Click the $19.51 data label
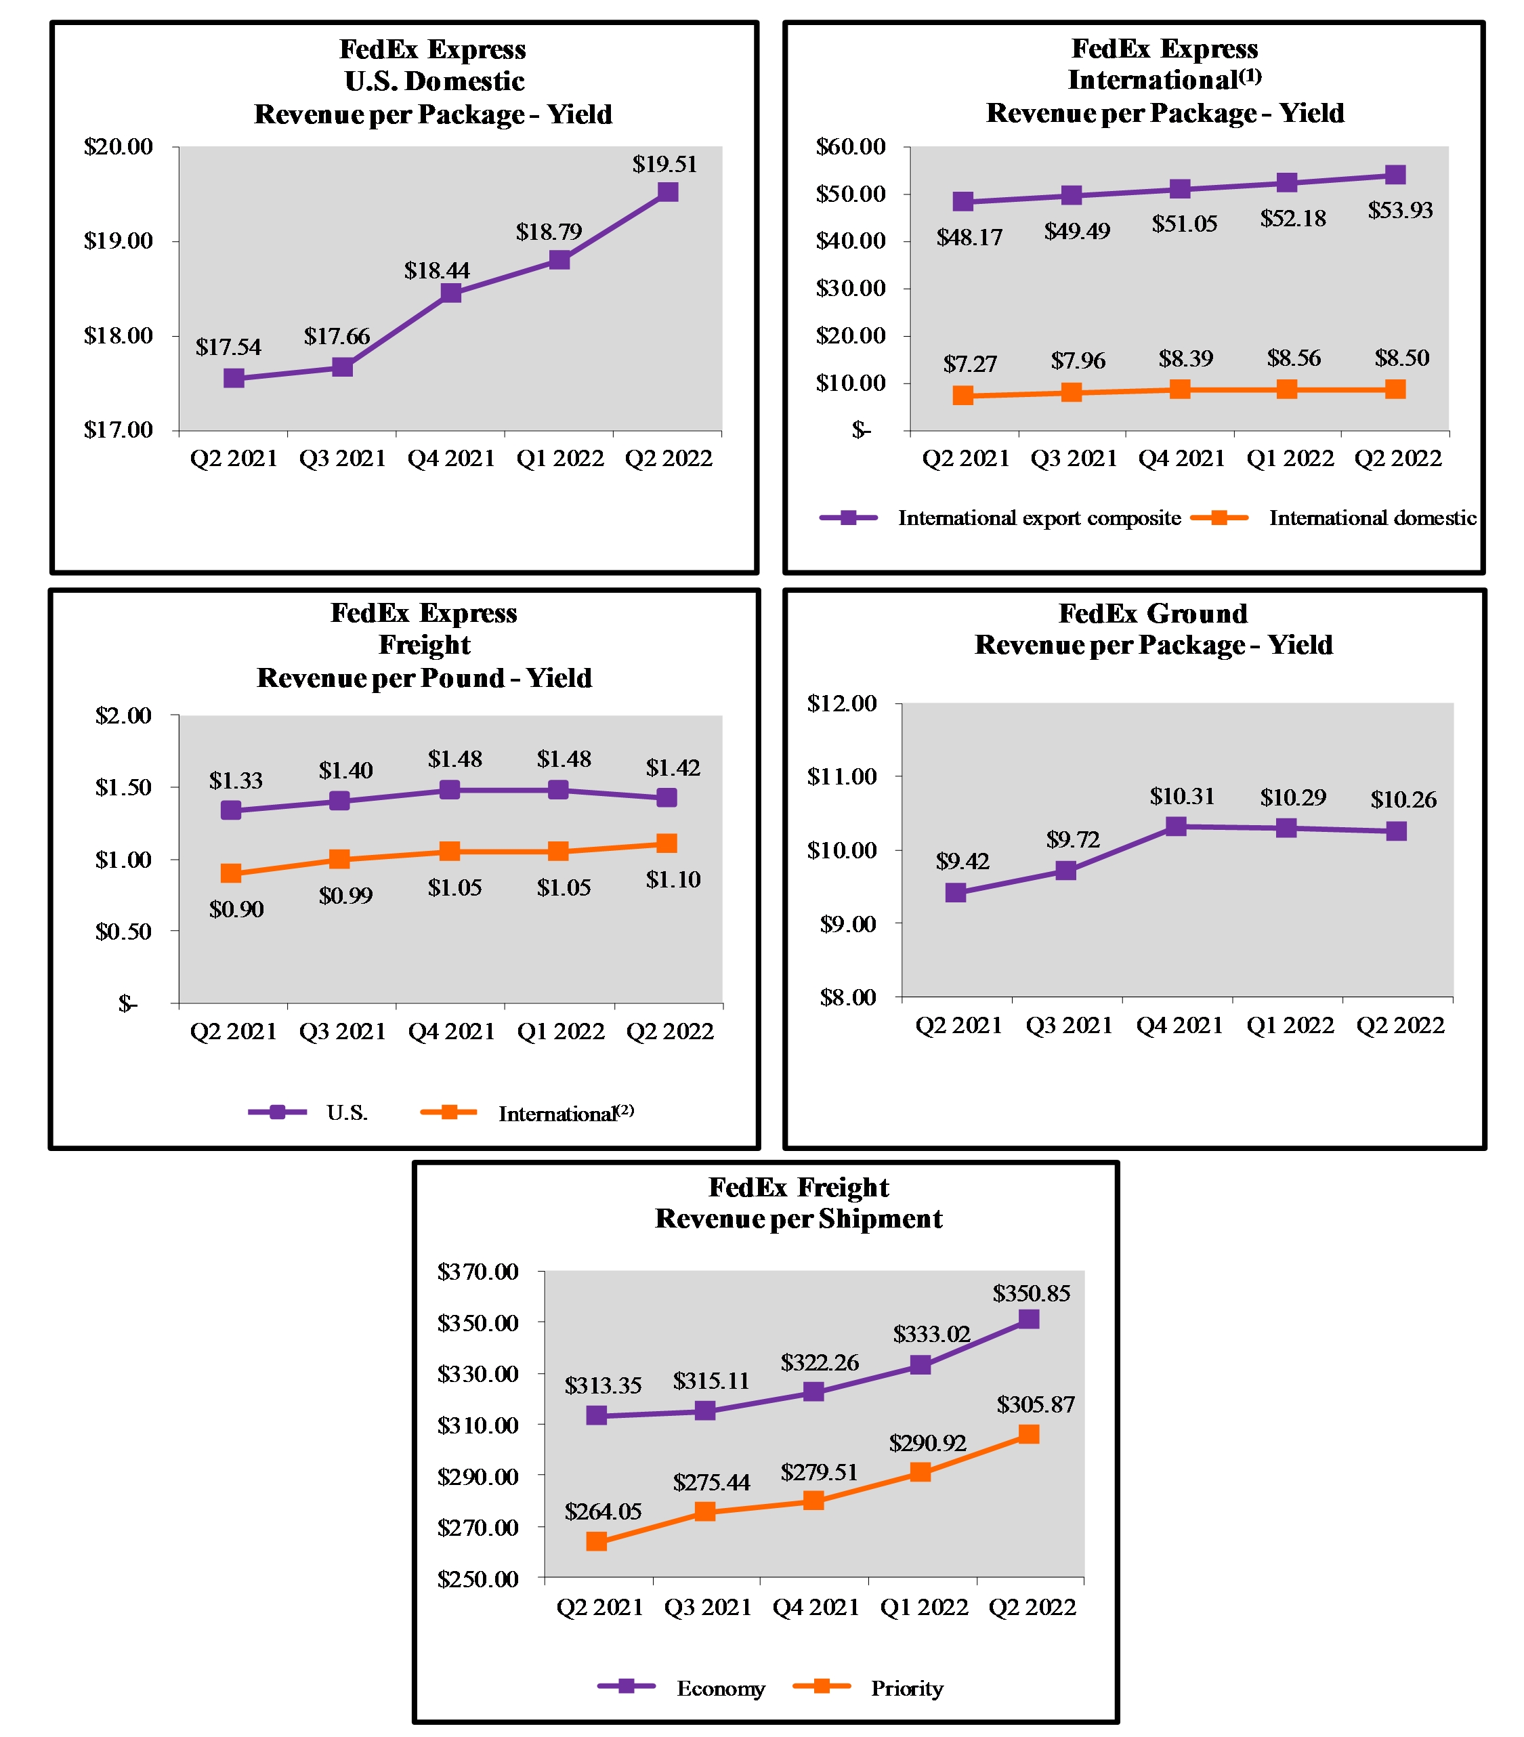coord(664,164)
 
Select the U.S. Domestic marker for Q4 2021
coord(450,293)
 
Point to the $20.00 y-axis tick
coord(118,147)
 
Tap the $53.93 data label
coord(1400,210)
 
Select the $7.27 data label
coord(969,364)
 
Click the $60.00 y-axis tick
coord(850,147)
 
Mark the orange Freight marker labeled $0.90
coord(230,873)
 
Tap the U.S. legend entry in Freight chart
coord(308,1112)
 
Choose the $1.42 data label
coord(672,768)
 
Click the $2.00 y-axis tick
coord(123,715)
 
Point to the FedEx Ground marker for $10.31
coord(1175,826)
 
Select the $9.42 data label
coord(962,862)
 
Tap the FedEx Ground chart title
coord(1153,629)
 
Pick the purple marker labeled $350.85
coord(1028,1319)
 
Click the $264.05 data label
coord(602,1511)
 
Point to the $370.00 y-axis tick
coord(478,1272)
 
